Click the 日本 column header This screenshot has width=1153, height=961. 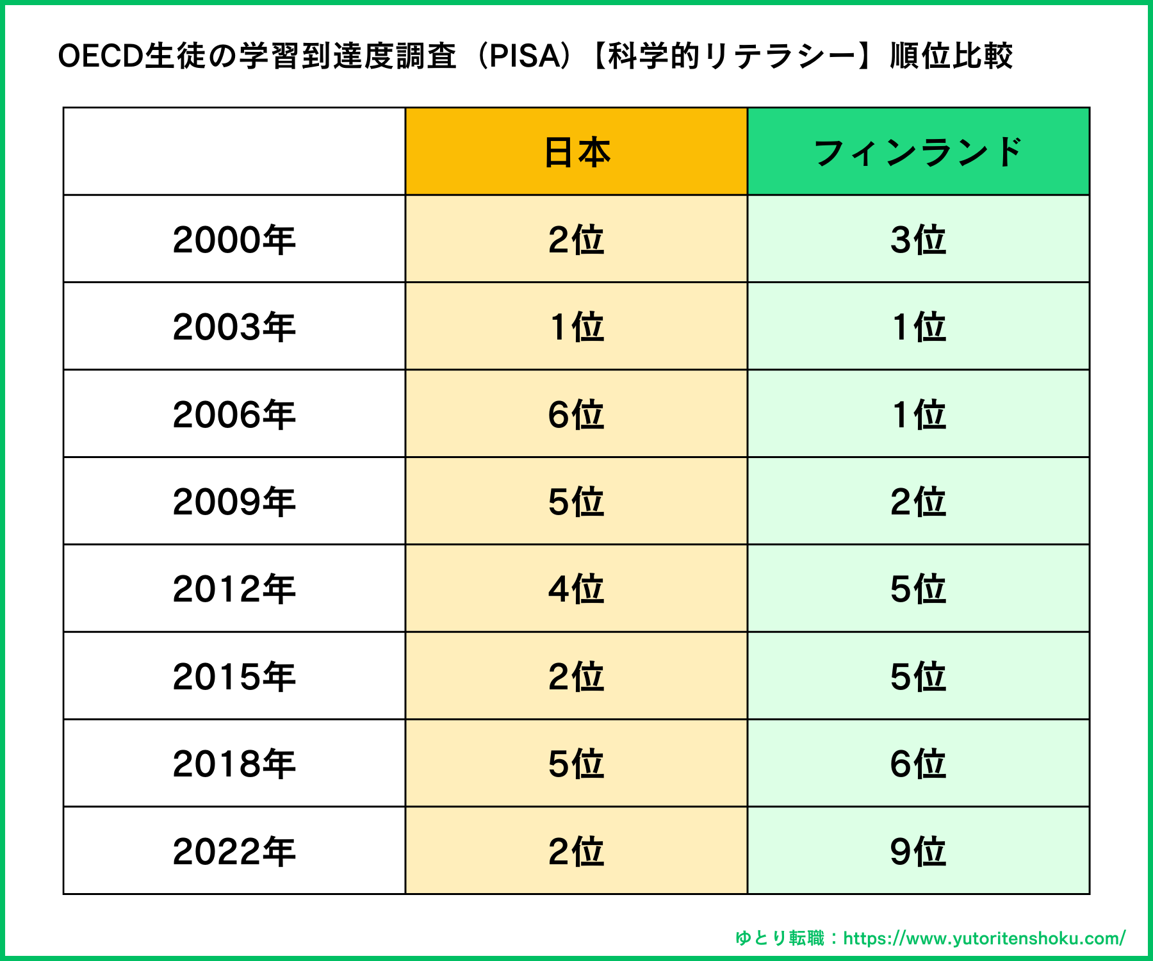coord(576,152)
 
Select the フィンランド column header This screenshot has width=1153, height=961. coord(918,152)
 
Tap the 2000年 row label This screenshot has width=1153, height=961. coord(234,240)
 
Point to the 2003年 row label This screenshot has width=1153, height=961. coord(234,327)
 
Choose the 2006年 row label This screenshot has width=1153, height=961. coord(234,414)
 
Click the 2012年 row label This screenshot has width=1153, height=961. coord(234,589)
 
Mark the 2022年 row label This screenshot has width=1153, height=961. coord(234,851)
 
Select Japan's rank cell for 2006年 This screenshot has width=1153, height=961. coord(576,414)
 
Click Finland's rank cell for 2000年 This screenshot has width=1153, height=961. coord(918,240)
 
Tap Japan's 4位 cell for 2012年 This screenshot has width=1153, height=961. coord(576,589)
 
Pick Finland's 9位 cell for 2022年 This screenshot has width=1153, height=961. coord(918,851)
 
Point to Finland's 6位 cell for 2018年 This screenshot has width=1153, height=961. coord(918,764)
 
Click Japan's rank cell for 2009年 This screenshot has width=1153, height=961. coord(576,502)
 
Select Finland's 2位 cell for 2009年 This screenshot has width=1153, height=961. coord(918,502)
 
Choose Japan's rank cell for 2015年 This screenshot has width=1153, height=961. coord(576,677)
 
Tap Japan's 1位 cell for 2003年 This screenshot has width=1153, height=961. coord(576,327)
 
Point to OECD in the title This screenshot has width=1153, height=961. coord(100,56)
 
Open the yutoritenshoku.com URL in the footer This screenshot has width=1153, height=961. coord(984,939)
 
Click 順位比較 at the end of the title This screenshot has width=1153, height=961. coord(951,56)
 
